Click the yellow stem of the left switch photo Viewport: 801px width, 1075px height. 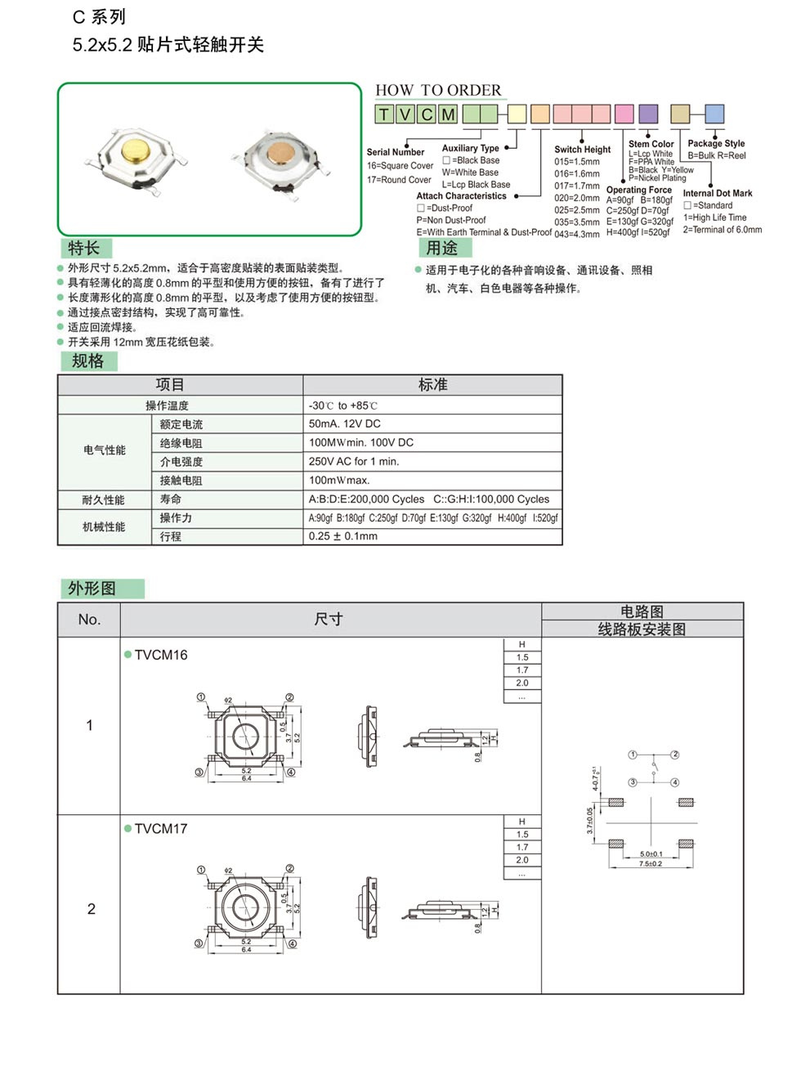[132, 153]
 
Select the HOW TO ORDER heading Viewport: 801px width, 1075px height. [438, 90]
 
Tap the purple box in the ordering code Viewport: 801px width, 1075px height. [647, 114]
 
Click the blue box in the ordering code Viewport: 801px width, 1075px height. [714, 114]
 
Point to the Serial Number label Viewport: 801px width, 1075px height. [396, 152]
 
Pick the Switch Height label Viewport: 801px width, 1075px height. [582, 150]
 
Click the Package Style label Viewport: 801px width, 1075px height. [716, 143]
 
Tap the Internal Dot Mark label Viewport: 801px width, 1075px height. [718, 193]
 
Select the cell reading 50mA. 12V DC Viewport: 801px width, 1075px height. [345, 423]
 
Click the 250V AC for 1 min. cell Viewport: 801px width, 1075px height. [354, 461]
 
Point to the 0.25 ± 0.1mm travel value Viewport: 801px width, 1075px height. [343, 536]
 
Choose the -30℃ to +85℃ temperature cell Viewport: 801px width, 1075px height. [343, 405]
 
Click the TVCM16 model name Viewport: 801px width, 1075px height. [161, 655]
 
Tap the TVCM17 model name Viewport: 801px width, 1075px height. [161, 828]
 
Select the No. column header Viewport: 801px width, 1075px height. [89, 620]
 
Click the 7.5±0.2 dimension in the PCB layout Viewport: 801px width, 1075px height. [651, 863]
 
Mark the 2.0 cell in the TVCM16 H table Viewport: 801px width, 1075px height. [522, 683]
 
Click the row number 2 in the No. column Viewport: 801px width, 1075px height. [91, 909]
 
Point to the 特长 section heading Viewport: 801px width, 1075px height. [84, 249]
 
